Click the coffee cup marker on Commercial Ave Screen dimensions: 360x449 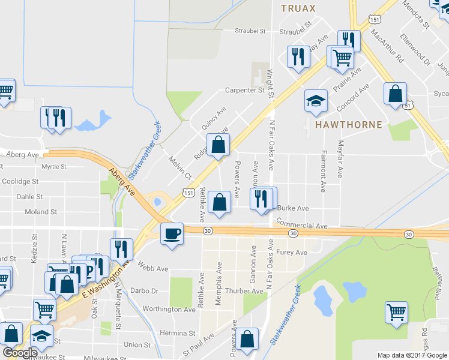(172, 233)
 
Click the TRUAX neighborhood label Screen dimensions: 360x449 (298, 8)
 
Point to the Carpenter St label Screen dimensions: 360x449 (245, 91)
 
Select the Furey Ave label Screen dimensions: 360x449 (291, 253)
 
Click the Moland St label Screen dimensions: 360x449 (41, 212)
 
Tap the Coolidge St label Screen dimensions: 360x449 (20, 181)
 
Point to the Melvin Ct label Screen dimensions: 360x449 (179, 169)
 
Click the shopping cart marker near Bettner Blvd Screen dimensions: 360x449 (396, 312)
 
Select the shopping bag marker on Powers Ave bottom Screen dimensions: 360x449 (247, 339)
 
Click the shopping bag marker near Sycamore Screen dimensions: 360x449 (395, 94)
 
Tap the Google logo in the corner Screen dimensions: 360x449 (20, 353)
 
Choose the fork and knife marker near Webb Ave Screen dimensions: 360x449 (121, 250)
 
